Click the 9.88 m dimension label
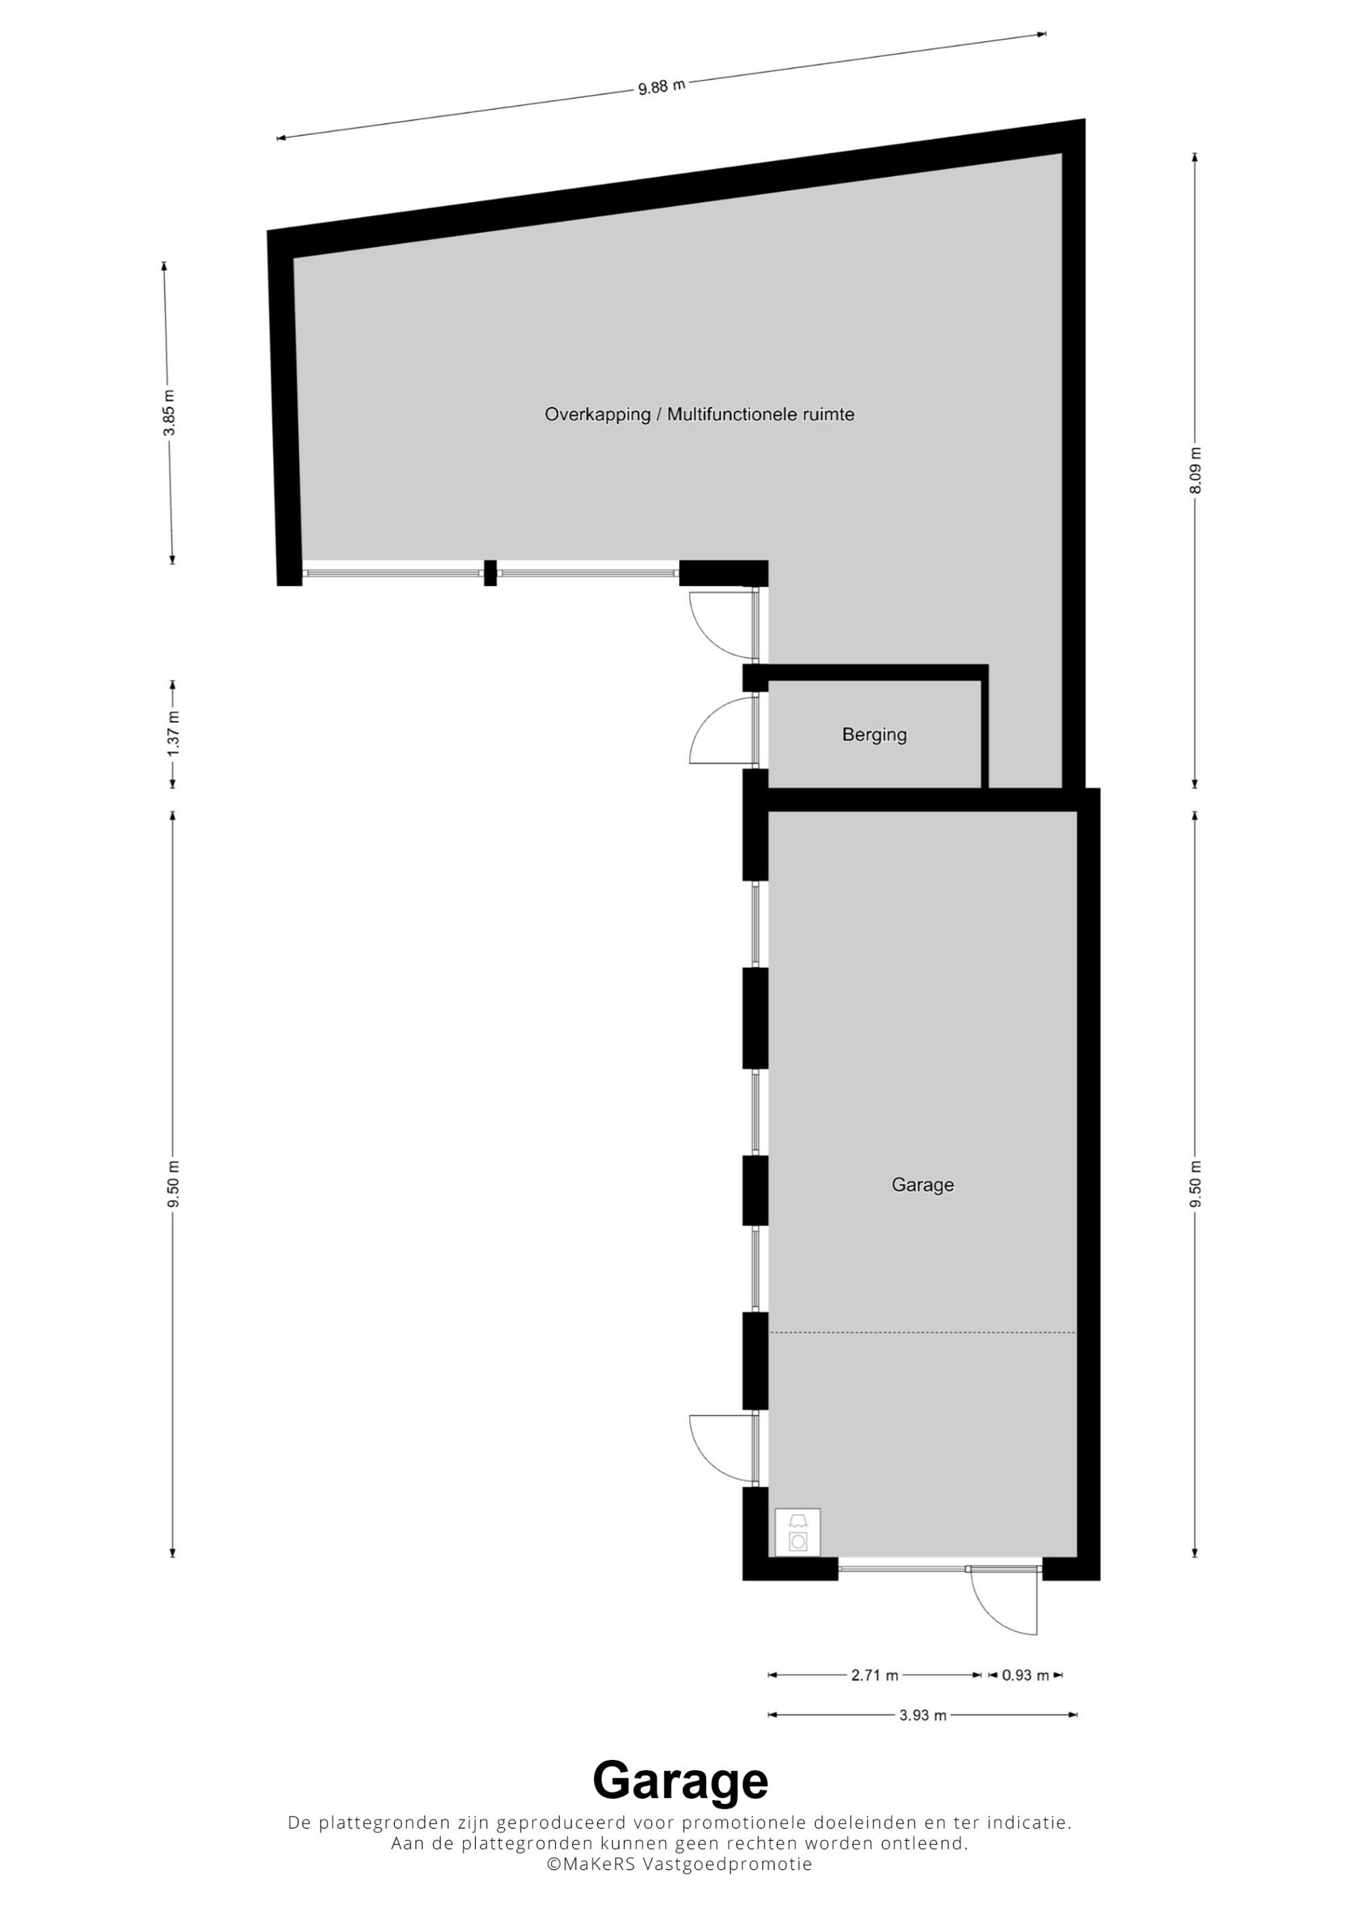[x=662, y=86]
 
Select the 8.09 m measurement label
[x=1195, y=471]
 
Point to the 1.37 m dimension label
[x=173, y=734]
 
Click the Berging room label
[x=875, y=735]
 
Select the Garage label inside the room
[x=923, y=1185]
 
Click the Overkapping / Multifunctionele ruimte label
[x=699, y=414]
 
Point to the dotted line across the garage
[x=923, y=1333]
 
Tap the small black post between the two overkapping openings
[x=491, y=573]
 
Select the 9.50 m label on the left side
[x=173, y=1184]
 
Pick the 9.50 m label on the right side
[x=1195, y=1184]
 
